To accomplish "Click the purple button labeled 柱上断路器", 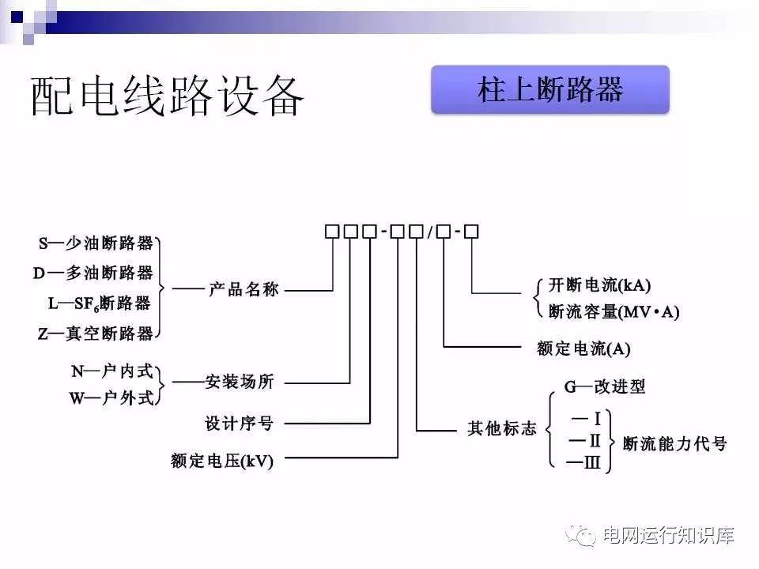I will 550,90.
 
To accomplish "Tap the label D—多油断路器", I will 93,273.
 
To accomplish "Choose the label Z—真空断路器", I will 96,333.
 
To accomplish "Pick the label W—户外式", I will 111,398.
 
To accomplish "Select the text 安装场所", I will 240,382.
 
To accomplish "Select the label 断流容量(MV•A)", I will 614,311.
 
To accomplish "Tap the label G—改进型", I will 604,386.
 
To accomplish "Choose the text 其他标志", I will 501,429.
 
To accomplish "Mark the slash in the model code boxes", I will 430,232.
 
